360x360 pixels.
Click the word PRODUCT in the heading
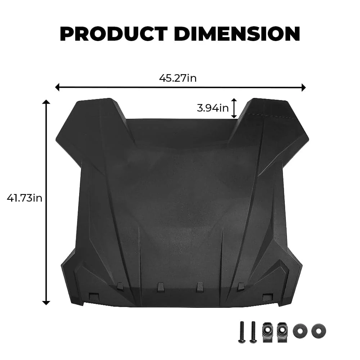point(114,34)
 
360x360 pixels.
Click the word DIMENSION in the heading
point(237,34)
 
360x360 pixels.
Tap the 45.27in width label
point(178,78)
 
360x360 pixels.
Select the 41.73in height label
point(24,198)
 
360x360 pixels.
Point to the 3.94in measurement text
point(213,108)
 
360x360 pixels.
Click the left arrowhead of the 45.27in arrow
point(57,87)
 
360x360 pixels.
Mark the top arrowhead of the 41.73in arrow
point(46,103)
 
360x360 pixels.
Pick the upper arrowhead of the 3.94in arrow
point(234,100)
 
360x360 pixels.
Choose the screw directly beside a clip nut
point(253,331)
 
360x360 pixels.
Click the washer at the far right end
point(319,330)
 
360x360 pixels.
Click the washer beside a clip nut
point(299,330)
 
